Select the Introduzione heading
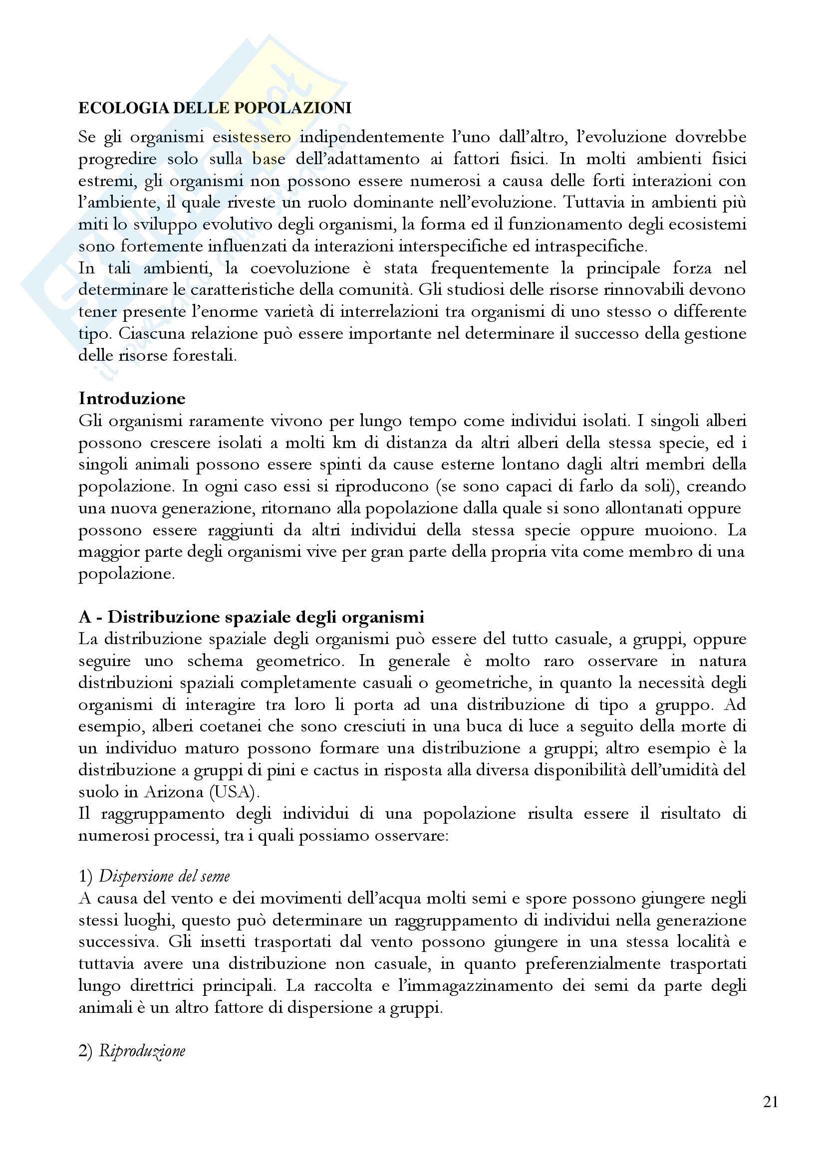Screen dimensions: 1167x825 (x=132, y=398)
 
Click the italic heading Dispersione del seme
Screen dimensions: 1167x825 (x=164, y=876)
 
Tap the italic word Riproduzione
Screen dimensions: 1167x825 (x=142, y=1051)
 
